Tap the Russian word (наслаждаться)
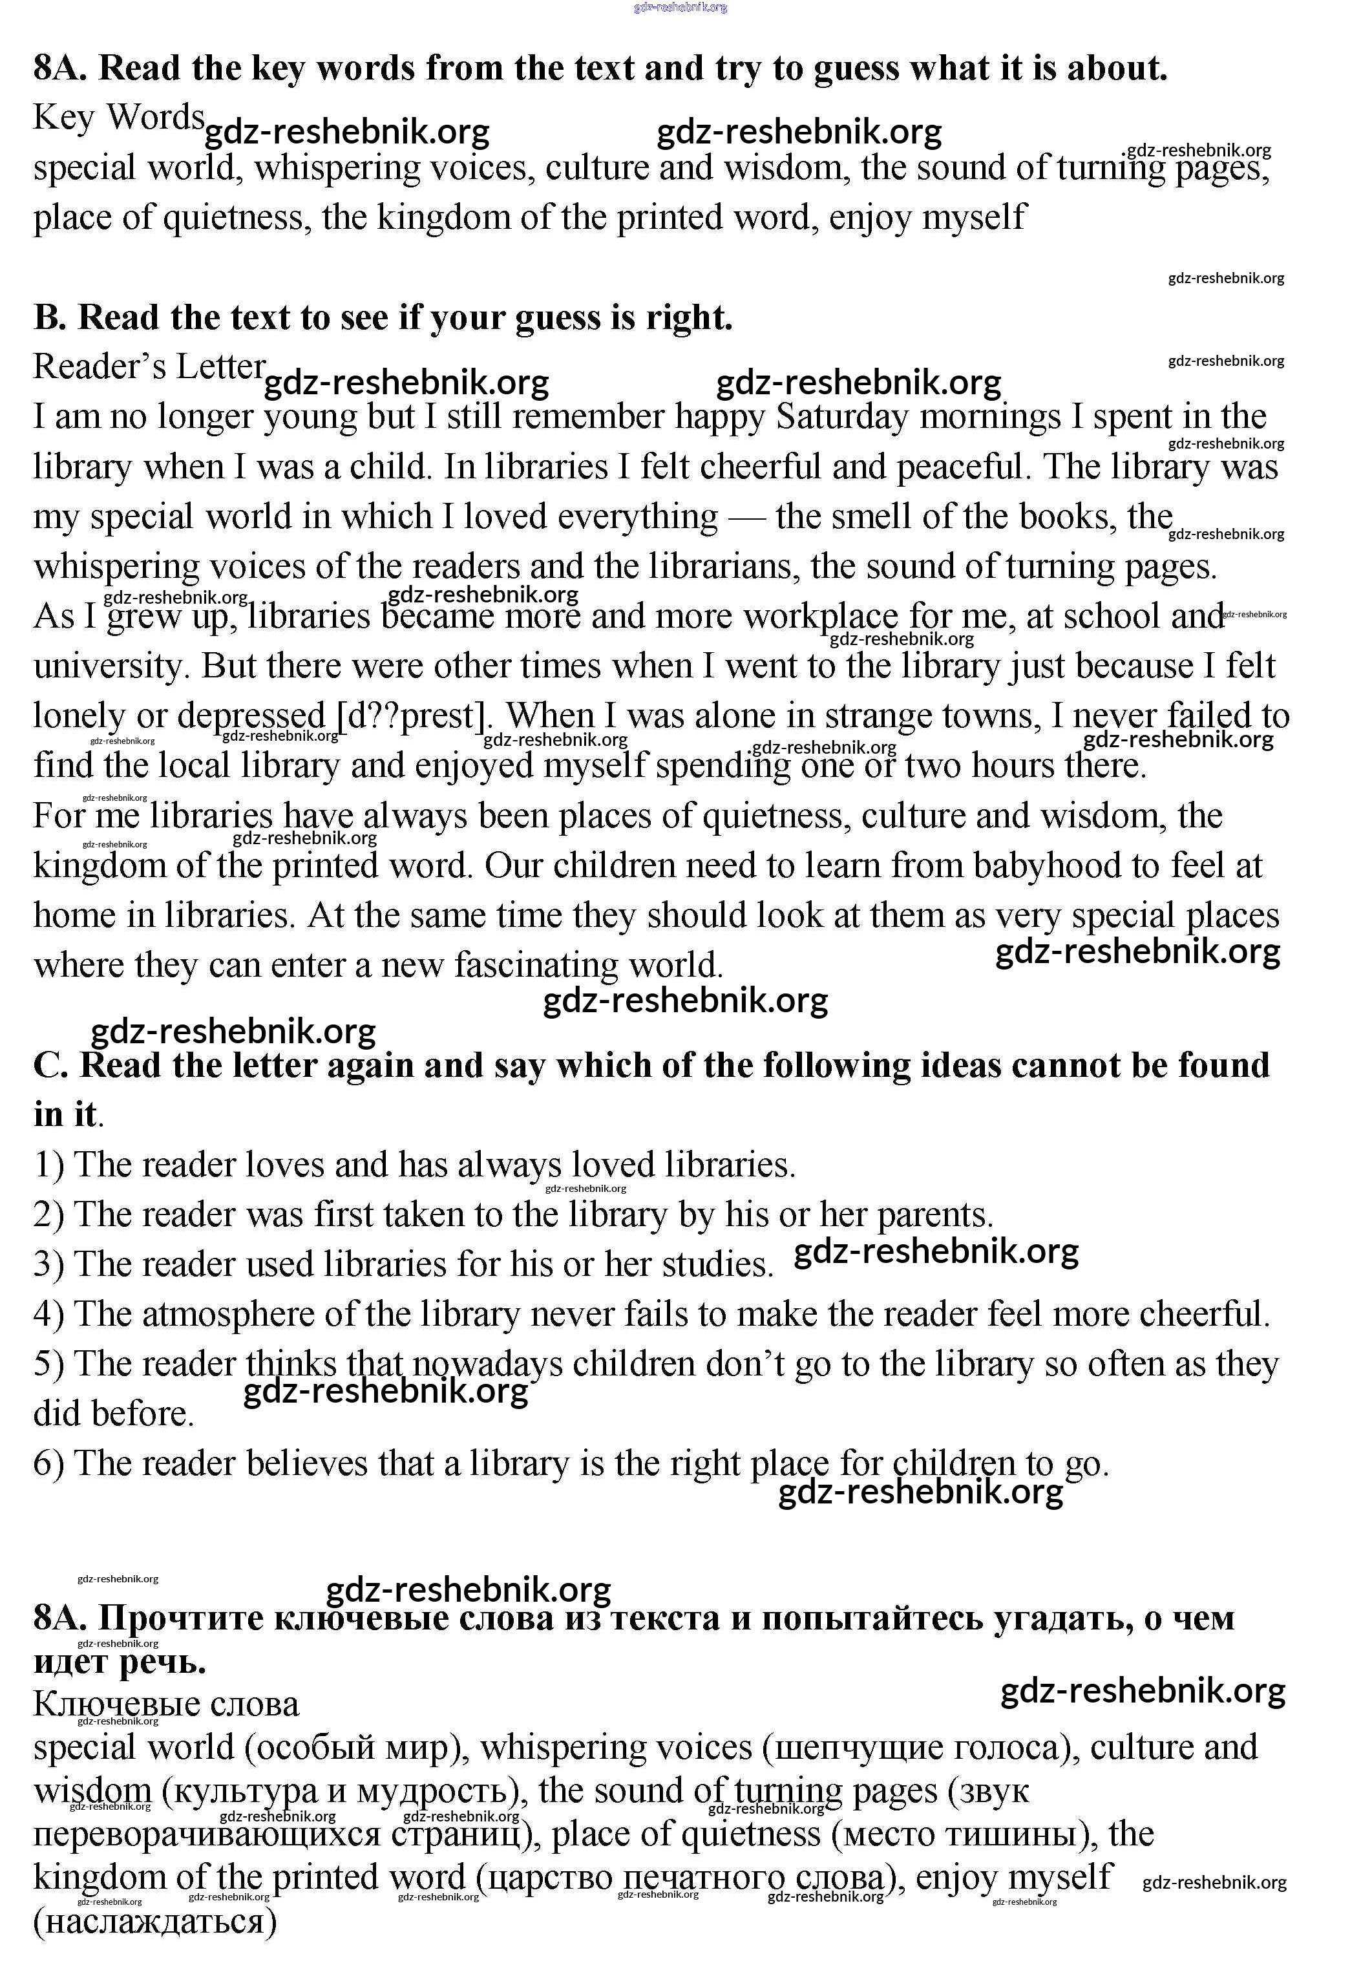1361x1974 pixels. pos(155,1922)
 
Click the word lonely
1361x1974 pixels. pos(80,716)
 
